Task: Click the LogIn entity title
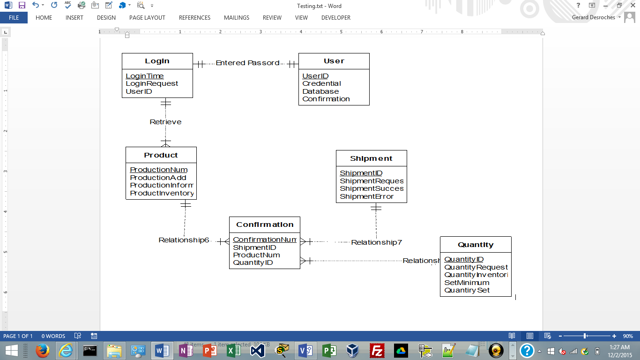(157, 61)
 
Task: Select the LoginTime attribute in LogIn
(145, 76)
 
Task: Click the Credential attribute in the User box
(321, 83)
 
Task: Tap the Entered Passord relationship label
(247, 63)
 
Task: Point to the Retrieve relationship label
(165, 122)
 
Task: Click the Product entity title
(161, 155)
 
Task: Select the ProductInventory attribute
(162, 193)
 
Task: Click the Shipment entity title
(371, 158)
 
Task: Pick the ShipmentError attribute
(366, 196)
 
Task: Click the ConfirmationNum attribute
(265, 240)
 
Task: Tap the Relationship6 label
(184, 240)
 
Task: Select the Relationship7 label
(377, 242)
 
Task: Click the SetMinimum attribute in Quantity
(467, 283)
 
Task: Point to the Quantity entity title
(476, 245)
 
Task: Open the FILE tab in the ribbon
(14, 18)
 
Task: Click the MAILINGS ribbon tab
(237, 18)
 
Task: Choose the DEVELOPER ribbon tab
(336, 18)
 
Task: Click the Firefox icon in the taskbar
(42, 351)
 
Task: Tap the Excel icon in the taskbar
(233, 351)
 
